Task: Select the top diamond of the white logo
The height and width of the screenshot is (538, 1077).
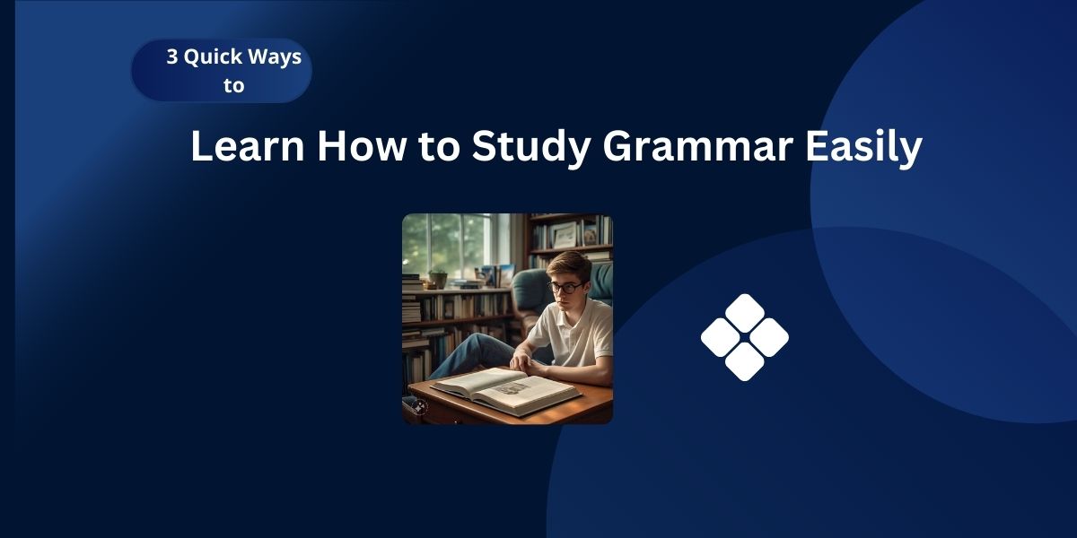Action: (x=744, y=313)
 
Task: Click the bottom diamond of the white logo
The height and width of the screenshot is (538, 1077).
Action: (x=744, y=361)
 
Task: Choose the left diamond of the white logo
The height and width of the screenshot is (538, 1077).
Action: (x=721, y=337)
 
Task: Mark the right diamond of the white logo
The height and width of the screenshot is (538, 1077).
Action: (x=768, y=337)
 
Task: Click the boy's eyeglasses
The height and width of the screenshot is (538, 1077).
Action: (x=565, y=288)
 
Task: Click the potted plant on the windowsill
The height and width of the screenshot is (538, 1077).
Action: (x=437, y=278)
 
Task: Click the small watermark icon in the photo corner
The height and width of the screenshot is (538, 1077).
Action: (x=418, y=406)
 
